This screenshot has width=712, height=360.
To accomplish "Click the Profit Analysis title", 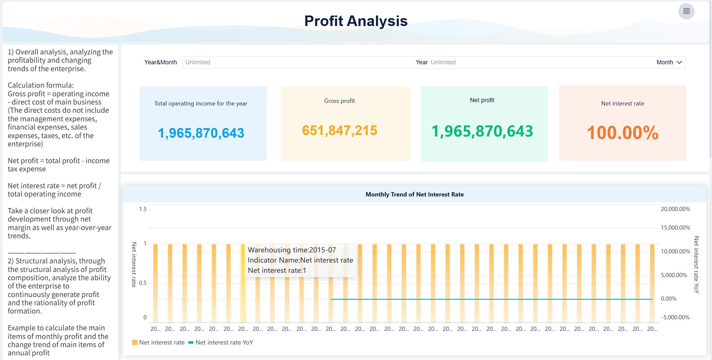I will pyautogui.click(x=356, y=21).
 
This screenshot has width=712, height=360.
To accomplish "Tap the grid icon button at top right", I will pyautogui.click(x=686, y=11).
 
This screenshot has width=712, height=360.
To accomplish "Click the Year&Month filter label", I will pyautogui.click(x=160, y=62).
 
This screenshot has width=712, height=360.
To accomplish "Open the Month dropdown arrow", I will pyautogui.click(x=679, y=62).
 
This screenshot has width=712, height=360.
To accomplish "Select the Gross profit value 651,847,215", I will pyautogui.click(x=339, y=131).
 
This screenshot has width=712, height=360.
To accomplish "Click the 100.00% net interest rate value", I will pyautogui.click(x=622, y=133).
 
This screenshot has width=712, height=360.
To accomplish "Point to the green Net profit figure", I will pyautogui.click(x=482, y=131).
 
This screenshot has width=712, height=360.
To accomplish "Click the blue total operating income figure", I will pyautogui.click(x=201, y=133).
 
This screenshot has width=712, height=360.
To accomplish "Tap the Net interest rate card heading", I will pyautogui.click(x=622, y=104).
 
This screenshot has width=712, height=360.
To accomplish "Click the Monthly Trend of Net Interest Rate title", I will pyautogui.click(x=415, y=195).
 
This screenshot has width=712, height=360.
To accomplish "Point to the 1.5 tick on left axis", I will pyautogui.click(x=143, y=209).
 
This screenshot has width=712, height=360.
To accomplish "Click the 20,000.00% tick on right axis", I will pyautogui.click(x=675, y=209).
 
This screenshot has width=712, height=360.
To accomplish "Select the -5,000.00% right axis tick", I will pyautogui.click(x=675, y=317).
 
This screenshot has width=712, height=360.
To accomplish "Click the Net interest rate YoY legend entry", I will pyautogui.click(x=224, y=343).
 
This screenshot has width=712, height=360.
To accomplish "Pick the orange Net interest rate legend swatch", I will pyautogui.click(x=135, y=343).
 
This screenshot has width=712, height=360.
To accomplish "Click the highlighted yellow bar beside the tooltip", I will pyautogui.click(x=243, y=284).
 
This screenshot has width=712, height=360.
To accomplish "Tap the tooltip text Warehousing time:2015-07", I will pyautogui.click(x=292, y=250).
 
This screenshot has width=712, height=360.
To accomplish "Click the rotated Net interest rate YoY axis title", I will pyautogui.click(x=696, y=264).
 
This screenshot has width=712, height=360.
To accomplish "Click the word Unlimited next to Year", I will pyautogui.click(x=443, y=62).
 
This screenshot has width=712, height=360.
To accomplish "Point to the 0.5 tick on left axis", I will pyautogui.click(x=143, y=283).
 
